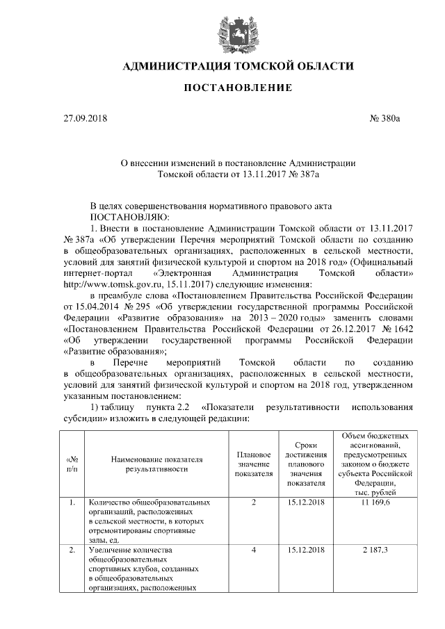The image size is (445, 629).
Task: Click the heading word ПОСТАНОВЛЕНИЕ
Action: click(x=238, y=88)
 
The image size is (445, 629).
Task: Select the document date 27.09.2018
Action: click(x=86, y=119)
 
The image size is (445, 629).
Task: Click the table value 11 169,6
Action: click(x=375, y=502)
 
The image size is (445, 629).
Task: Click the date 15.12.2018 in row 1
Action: click(x=307, y=502)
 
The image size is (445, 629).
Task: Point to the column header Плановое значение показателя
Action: click(x=254, y=464)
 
